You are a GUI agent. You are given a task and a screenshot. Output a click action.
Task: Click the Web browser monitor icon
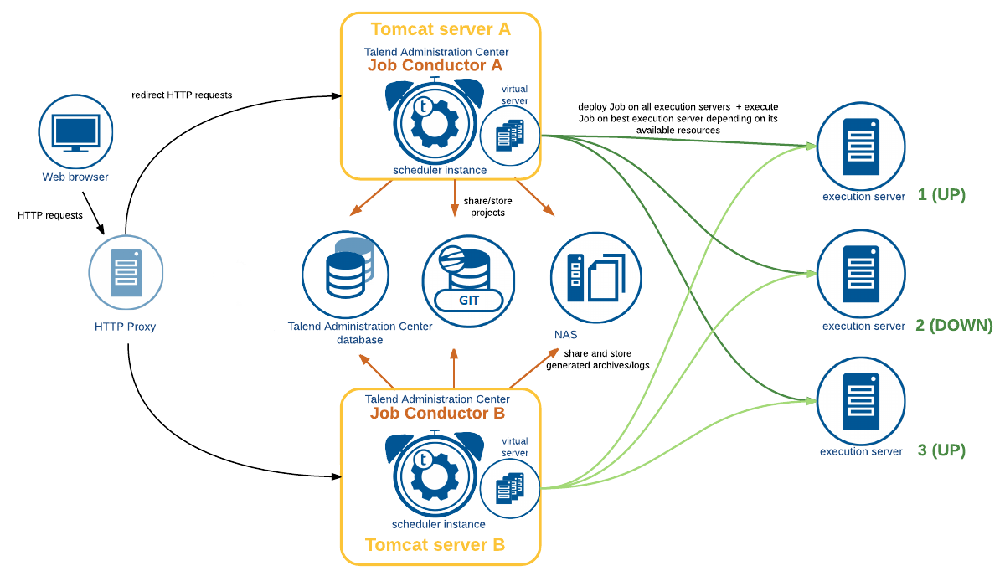pos(75,131)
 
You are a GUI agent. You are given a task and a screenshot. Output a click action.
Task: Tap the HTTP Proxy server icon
pos(126,272)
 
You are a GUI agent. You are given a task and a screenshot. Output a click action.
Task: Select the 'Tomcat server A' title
pos(441,29)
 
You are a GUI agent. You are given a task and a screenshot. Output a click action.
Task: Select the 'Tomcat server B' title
pos(435,545)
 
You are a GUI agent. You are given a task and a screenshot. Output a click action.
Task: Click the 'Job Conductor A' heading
pos(435,65)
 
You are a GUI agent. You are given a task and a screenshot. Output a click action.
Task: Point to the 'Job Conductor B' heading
pos(437,413)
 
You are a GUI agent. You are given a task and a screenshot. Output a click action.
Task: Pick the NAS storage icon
pos(595,276)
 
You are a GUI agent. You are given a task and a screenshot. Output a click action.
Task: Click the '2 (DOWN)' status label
pos(954,325)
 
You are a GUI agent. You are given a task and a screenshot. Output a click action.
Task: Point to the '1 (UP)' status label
pos(941,195)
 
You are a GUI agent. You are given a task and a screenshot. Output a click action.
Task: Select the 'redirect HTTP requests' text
pos(182,95)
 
